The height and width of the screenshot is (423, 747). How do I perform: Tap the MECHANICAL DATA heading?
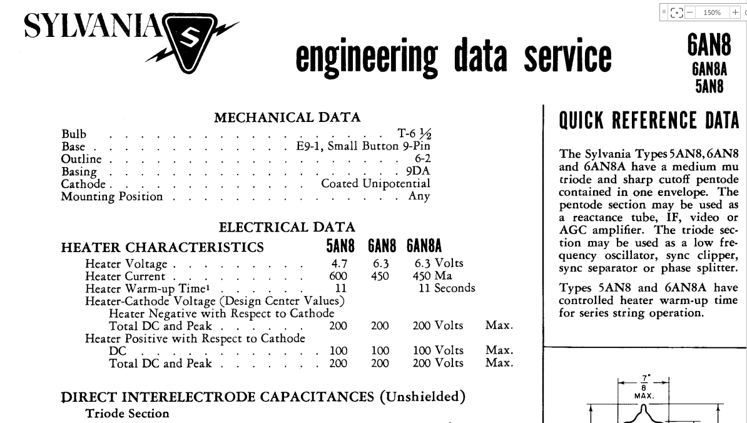(287, 118)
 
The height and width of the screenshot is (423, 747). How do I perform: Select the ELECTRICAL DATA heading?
(287, 227)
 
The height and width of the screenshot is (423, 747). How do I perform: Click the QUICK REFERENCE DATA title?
(649, 120)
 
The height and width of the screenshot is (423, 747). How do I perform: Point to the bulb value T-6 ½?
(414, 134)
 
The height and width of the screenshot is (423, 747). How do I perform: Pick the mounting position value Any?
(419, 196)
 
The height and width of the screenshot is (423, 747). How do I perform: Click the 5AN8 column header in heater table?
(340, 246)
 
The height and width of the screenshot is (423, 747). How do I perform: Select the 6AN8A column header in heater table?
(424, 246)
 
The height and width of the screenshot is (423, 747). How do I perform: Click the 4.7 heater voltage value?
(339, 263)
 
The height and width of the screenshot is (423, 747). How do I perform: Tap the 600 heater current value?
(338, 276)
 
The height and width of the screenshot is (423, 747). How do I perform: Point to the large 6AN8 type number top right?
(709, 46)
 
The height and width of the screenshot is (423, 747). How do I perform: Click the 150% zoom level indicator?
(711, 12)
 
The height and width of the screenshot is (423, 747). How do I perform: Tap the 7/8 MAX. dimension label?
(644, 387)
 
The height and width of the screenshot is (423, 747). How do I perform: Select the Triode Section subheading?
(127, 414)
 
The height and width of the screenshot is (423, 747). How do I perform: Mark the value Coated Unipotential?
(375, 184)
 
